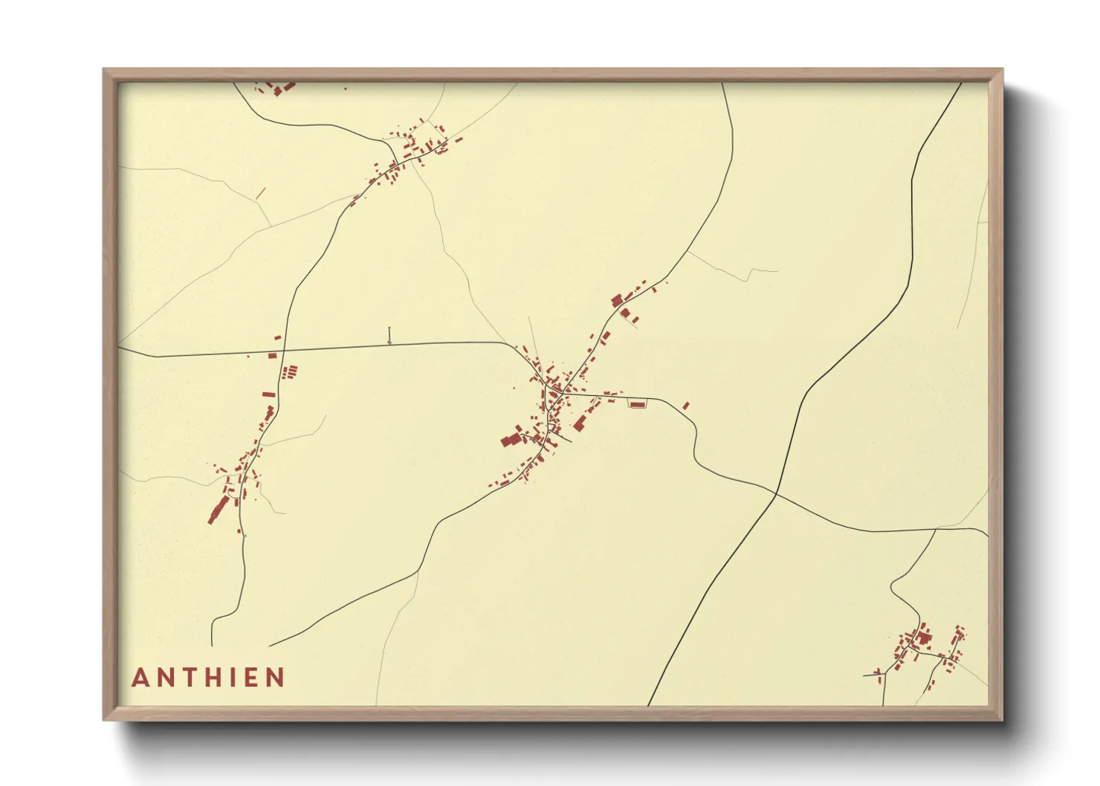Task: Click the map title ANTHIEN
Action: point(208,678)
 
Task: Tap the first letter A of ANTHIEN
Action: point(139,678)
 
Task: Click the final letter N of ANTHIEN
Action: point(276,678)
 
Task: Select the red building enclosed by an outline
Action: point(638,403)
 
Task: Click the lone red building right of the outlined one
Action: point(685,406)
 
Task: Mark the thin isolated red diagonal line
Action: point(260,192)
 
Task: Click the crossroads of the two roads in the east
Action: point(775,493)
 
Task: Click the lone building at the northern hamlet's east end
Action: point(459,139)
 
